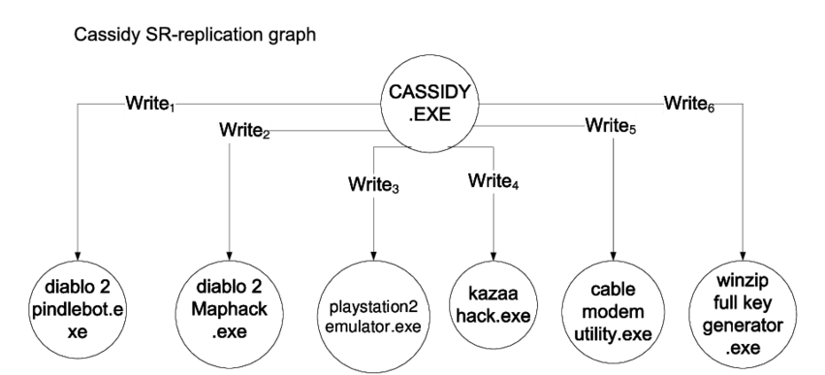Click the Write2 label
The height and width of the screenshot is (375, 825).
coord(243,130)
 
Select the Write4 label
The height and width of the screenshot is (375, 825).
coord(493,180)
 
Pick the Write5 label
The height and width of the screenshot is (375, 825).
coord(610,125)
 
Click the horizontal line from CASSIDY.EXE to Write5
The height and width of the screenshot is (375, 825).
coord(528,126)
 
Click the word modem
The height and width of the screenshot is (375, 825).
coord(613,310)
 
